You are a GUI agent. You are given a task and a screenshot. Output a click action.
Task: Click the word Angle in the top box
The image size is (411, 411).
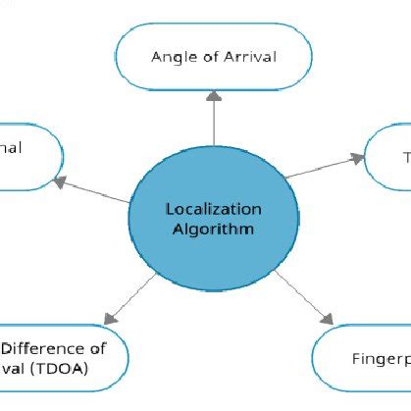coord(170,56)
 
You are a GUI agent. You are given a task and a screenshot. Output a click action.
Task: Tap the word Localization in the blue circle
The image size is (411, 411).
coord(214,209)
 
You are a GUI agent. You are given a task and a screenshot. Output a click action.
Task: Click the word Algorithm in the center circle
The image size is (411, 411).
coord(214,230)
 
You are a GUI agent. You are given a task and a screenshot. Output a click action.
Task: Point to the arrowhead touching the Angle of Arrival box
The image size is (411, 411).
coord(214,96)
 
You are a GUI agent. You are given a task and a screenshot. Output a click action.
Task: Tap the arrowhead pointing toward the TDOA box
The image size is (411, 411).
coord(107,319)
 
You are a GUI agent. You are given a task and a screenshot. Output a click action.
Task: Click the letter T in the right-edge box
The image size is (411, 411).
coord(406,157)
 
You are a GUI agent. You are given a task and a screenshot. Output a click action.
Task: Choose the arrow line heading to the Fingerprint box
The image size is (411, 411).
coord(299,295)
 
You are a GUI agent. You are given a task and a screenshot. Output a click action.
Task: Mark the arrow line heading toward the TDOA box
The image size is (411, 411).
coord(132,297)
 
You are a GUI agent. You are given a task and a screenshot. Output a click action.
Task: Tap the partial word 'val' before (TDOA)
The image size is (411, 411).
coord(15,369)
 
